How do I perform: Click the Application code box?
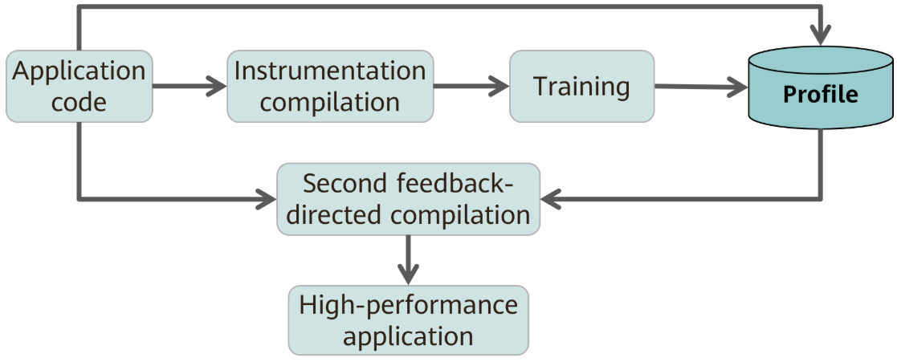(x=80, y=87)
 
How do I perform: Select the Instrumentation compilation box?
(x=330, y=87)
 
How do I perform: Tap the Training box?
(x=581, y=87)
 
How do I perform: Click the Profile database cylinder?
(x=821, y=87)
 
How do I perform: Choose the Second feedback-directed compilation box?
(x=409, y=199)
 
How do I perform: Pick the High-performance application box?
(x=409, y=320)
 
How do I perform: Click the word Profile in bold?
(x=821, y=95)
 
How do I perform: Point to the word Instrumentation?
(x=330, y=71)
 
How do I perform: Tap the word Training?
(x=581, y=87)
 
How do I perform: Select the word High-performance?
(x=409, y=305)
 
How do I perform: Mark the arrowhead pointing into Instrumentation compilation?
(x=216, y=87)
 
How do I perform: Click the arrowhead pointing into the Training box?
(x=499, y=87)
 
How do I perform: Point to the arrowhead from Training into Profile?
(x=737, y=87)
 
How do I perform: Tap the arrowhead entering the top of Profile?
(x=821, y=35)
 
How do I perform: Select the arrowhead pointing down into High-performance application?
(x=409, y=274)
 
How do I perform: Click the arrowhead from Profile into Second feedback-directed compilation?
(x=552, y=199)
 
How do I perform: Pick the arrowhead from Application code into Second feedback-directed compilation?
(x=266, y=199)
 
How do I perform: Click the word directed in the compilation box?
(x=333, y=215)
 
